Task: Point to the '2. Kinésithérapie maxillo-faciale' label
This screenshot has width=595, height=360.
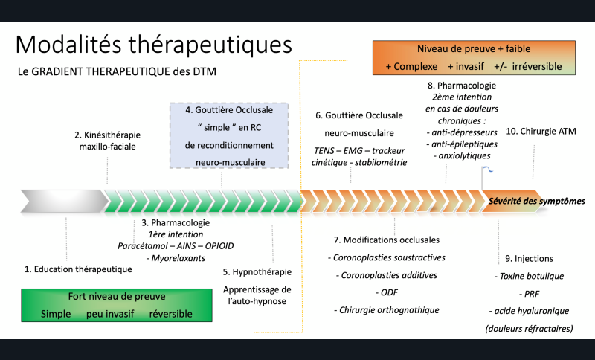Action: [107, 141]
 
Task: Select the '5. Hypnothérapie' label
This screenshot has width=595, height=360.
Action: [257, 271]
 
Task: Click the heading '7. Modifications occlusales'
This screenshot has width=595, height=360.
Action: [387, 240]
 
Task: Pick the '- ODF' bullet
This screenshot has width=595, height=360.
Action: [387, 292]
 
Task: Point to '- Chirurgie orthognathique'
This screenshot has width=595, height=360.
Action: [387, 309]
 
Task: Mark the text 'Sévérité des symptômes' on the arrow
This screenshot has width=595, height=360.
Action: [535, 201]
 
